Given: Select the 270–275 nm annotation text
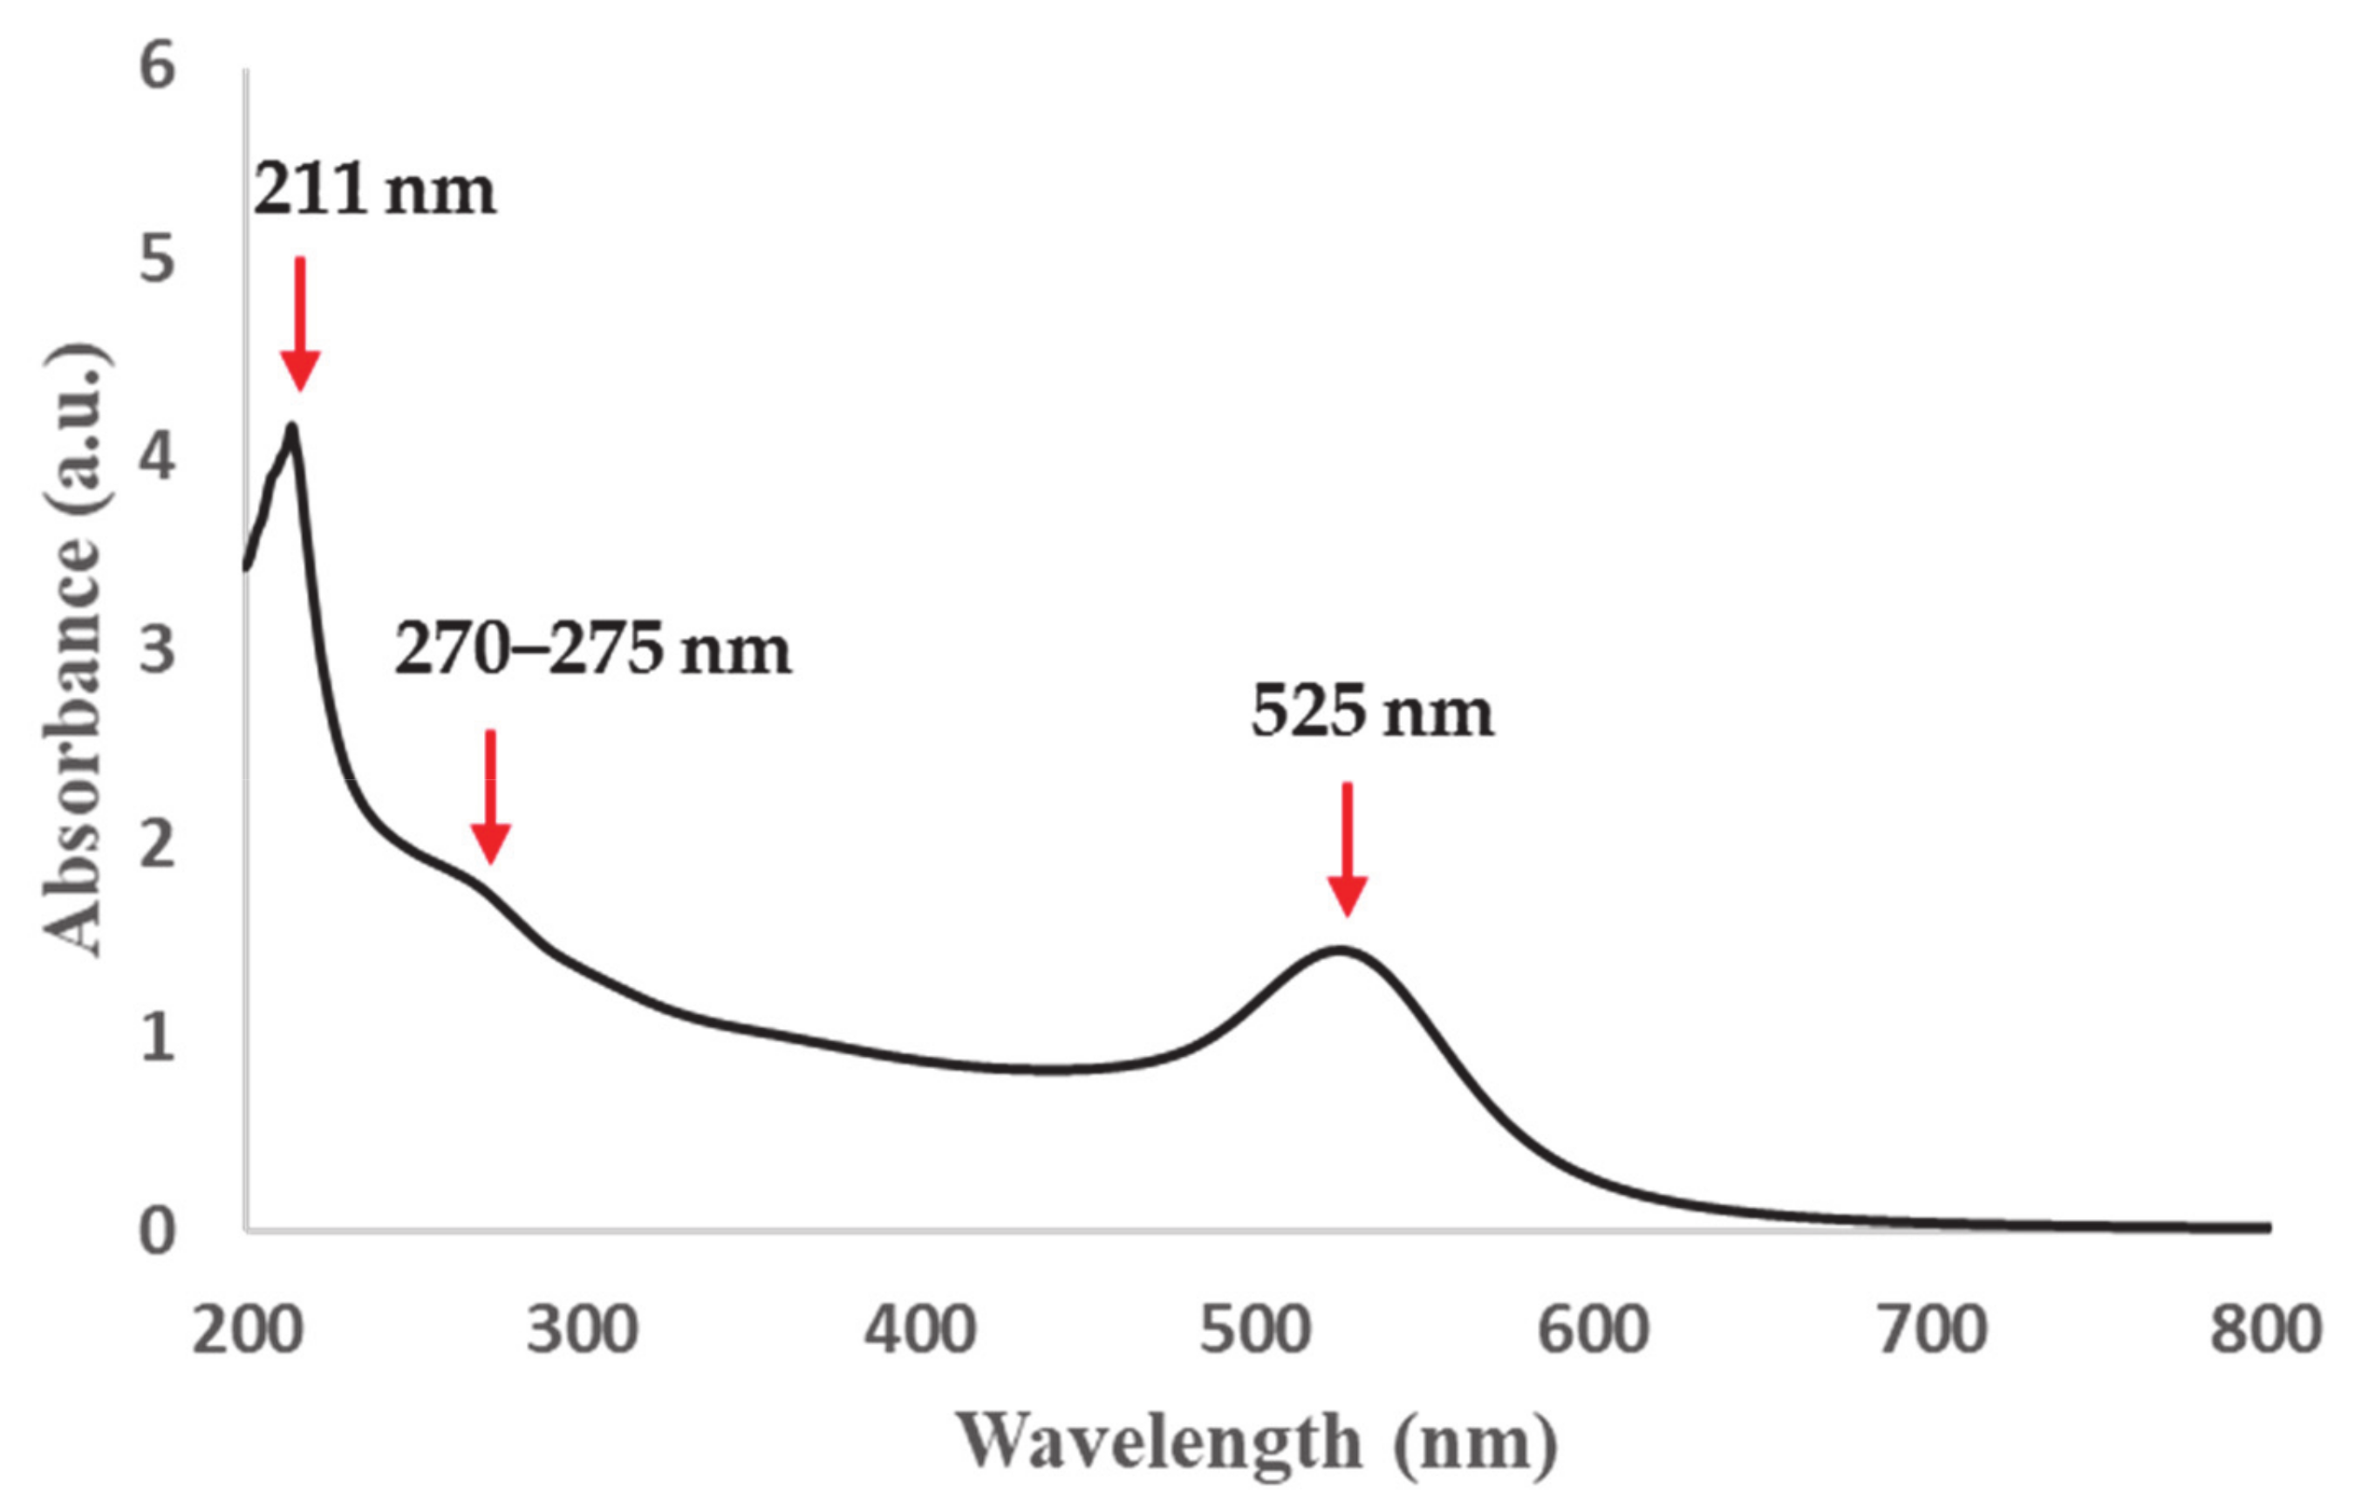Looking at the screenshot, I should click(592, 650).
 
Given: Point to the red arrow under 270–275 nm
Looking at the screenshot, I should click(490, 797).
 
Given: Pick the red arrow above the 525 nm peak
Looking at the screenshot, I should click(1347, 849).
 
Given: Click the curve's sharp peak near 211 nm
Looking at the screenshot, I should click(291, 427).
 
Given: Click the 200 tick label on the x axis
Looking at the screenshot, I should click(246, 1330).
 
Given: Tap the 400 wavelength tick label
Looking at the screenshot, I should click(919, 1330).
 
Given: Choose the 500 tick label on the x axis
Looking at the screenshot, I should click(1255, 1330).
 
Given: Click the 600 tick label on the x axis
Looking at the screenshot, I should click(1593, 1330).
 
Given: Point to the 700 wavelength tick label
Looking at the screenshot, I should click(1930, 1330).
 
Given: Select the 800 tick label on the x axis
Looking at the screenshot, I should click(2265, 1330).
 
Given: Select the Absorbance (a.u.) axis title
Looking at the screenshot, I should click(73, 649).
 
